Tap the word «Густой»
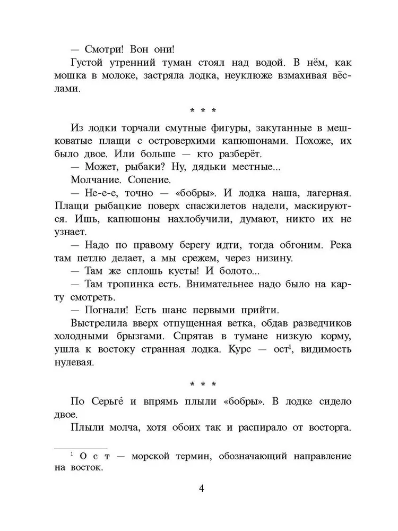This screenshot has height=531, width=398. (x=87, y=64)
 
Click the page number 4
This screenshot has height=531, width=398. (x=199, y=489)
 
